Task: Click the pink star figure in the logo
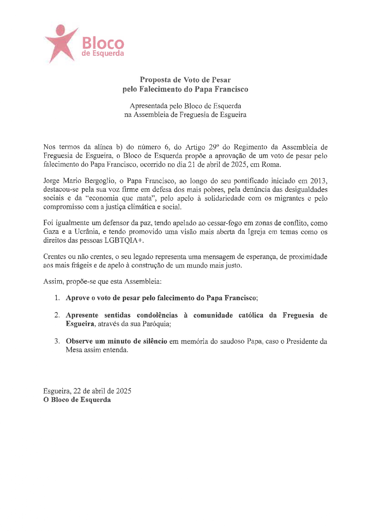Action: tap(61, 42)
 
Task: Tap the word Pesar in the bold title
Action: tap(221, 80)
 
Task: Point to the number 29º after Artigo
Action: tap(213, 147)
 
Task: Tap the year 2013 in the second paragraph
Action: tap(319, 181)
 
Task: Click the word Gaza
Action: tap(51, 232)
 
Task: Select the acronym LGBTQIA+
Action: tap(124, 241)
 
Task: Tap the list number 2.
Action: tap(57, 315)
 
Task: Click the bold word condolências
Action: tap(157, 315)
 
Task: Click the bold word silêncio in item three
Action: tap(153, 341)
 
